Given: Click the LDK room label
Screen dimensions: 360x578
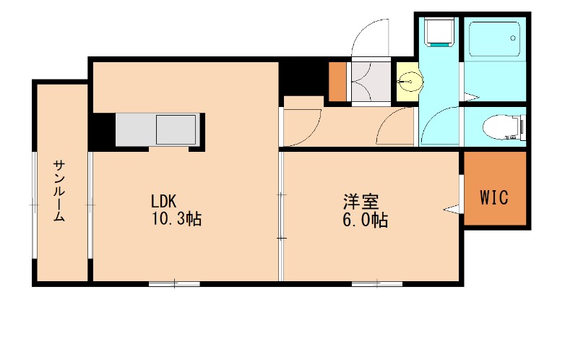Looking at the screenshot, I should [164, 201].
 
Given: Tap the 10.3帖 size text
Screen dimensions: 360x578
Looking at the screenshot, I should [176, 220].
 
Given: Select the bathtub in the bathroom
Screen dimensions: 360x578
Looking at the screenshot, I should [493, 40].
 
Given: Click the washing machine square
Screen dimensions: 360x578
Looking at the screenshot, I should [439, 31].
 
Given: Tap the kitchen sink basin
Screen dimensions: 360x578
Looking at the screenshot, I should [176, 129].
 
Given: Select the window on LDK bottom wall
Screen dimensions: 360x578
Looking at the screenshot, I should [174, 283].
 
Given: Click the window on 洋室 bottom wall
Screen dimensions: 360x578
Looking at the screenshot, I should [376, 283].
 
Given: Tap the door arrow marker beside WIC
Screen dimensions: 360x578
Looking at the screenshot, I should [453, 210].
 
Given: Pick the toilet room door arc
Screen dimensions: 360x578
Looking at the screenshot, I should [438, 127].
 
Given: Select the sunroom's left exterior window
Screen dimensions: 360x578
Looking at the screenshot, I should [33, 205].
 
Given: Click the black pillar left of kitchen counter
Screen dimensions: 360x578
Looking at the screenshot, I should [102, 130].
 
